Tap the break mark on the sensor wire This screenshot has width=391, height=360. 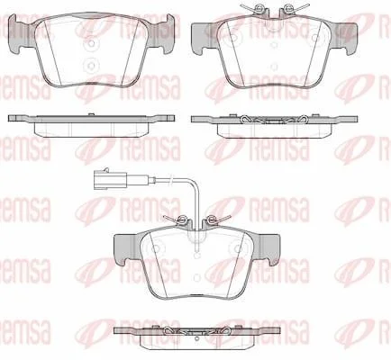click(170, 180)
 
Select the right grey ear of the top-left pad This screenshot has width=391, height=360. click(161, 33)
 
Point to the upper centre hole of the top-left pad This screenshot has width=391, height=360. click(92, 44)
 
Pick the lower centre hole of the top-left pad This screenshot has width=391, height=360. click(92, 66)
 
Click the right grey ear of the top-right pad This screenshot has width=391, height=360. click(343, 38)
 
